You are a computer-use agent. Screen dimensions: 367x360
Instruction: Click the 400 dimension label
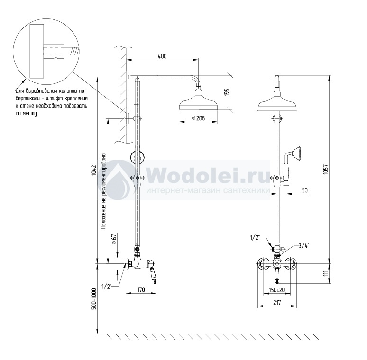click(x=162, y=56)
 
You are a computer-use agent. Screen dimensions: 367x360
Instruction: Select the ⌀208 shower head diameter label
click(x=198, y=118)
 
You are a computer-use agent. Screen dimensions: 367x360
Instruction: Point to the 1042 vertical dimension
click(x=94, y=171)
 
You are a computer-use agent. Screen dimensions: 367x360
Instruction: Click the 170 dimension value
click(x=141, y=290)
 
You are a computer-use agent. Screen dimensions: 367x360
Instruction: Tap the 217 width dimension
click(x=277, y=303)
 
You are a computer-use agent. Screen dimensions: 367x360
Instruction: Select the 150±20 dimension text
click(x=277, y=290)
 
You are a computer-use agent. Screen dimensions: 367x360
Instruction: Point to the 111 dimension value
click(x=326, y=273)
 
